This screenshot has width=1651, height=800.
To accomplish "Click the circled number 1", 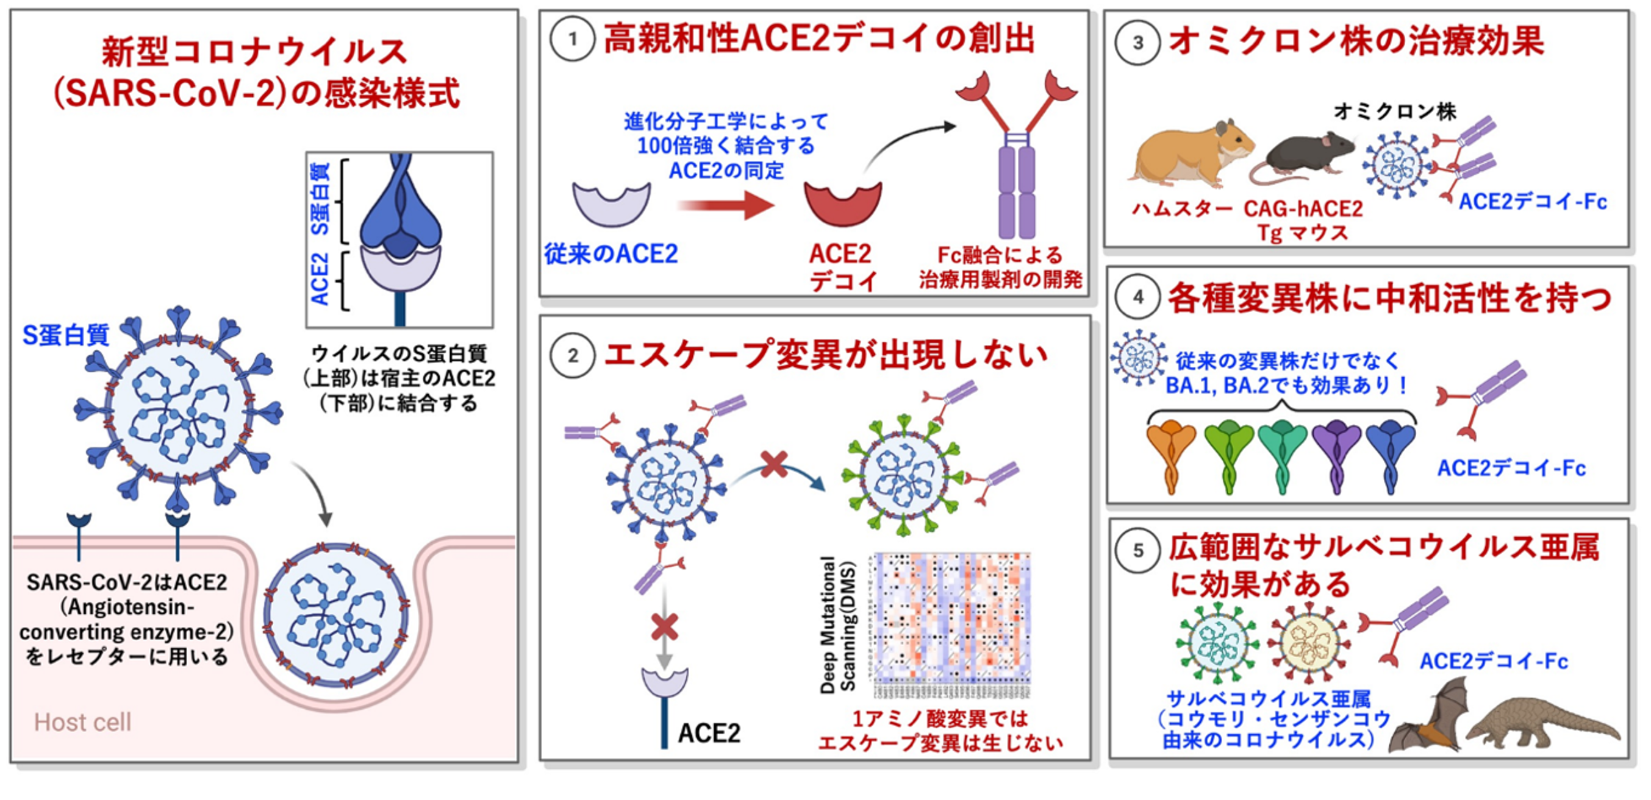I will (572, 40).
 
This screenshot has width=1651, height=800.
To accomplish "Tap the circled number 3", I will (1137, 43).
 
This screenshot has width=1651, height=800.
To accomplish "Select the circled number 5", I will (1137, 550).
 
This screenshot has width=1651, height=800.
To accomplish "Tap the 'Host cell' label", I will (83, 723).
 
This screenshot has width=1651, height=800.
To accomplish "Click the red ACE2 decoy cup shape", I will (843, 204).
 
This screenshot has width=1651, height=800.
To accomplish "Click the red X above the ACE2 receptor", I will (665, 626).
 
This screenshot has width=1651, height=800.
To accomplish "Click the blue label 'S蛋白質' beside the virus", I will (66, 335).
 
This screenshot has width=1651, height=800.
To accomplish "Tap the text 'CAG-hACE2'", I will (1303, 209).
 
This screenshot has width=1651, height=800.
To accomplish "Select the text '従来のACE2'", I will (611, 254).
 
